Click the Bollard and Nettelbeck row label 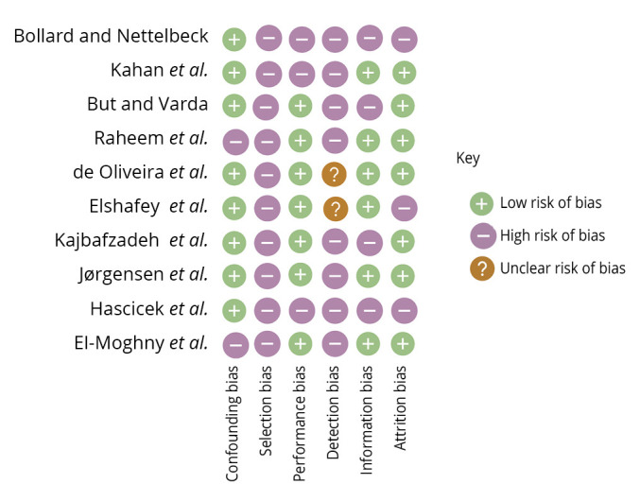click(x=111, y=37)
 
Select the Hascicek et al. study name click(x=148, y=308)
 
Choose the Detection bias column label click(x=333, y=412)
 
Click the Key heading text click(x=468, y=159)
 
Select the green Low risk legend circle click(x=482, y=203)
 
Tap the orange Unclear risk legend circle click(x=482, y=268)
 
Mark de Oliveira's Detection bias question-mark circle click(x=334, y=174)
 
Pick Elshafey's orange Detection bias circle click(x=334, y=208)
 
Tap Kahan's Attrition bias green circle click(x=403, y=73)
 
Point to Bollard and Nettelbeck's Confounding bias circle click(x=234, y=40)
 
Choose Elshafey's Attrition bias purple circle click(x=403, y=208)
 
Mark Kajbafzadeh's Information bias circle click(x=369, y=242)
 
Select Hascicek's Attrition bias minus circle click(x=403, y=310)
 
